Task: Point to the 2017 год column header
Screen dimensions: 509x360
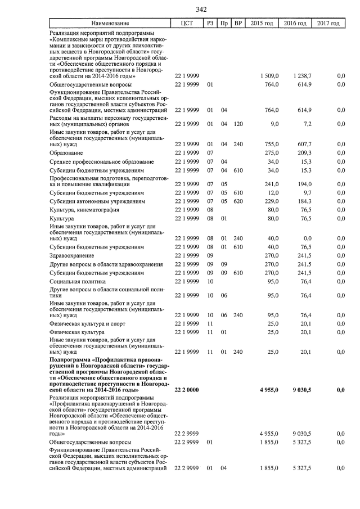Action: pyautogui.click(x=328, y=23)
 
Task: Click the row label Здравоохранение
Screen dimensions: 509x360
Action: pyautogui.click(x=71, y=255)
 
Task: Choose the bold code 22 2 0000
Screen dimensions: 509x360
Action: pyautogui.click(x=187, y=390)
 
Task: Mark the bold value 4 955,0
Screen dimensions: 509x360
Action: pyautogui.click(x=268, y=390)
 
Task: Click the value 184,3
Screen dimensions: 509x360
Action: pyautogui.click(x=304, y=201)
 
